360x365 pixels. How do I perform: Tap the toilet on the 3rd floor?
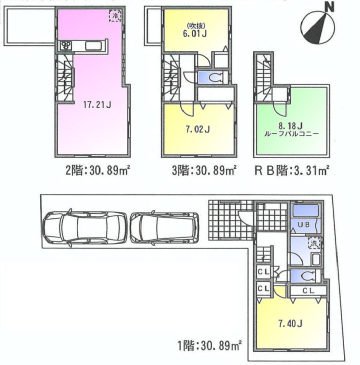point(213,77)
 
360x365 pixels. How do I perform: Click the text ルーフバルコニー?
point(291,133)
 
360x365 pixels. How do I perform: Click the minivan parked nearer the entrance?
point(164,228)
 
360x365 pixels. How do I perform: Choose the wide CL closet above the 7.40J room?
point(308,290)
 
